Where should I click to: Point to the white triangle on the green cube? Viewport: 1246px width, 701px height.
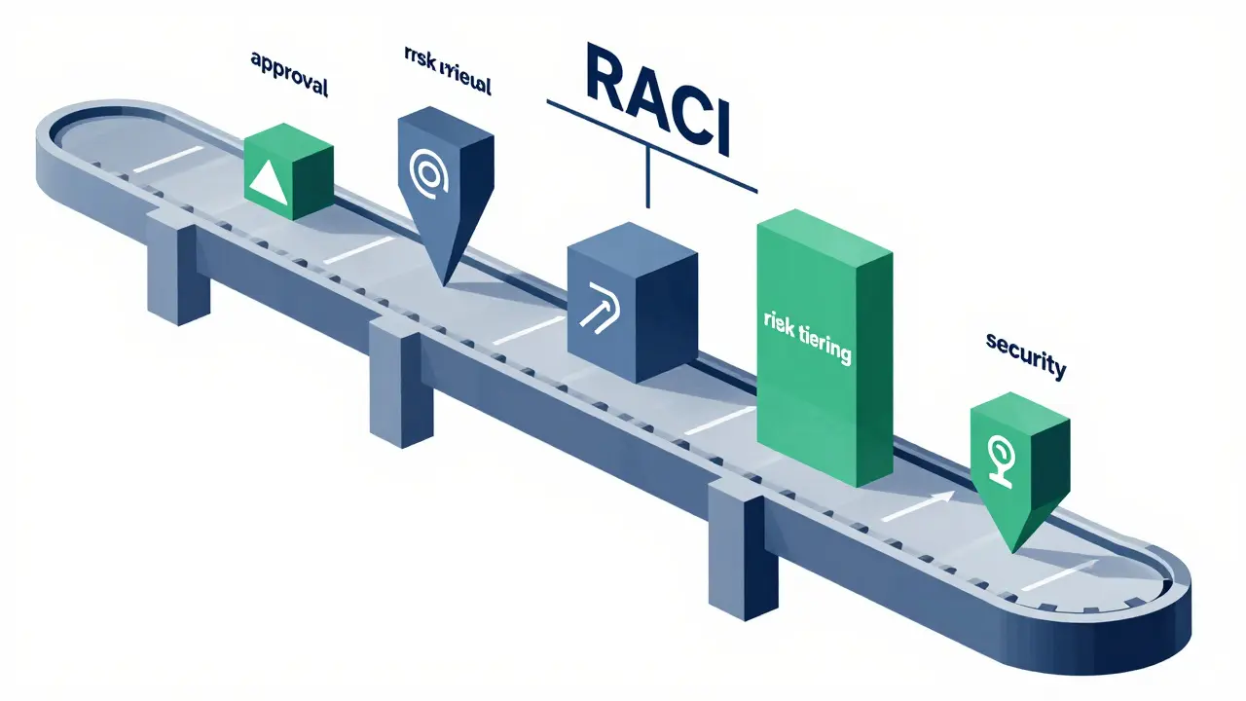(270, 182)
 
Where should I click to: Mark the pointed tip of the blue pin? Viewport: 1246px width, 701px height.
(443, 282)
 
